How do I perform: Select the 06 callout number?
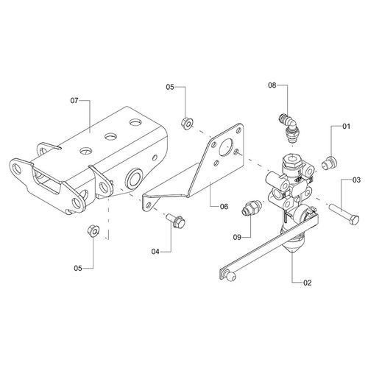tap(224, 207)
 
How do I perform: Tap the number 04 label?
tap(155, 251)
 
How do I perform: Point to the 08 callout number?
tap(272, 87)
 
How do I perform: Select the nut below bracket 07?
tap(93, 230)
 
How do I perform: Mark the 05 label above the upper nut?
tap(169, 88)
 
